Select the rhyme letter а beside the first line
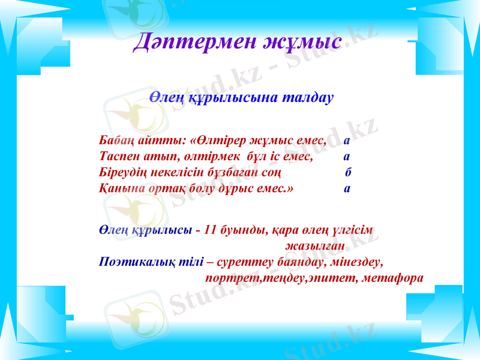(x=347, y=142)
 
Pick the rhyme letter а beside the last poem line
(x=347, y=188)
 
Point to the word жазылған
(x=315, y=246)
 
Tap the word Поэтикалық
(x=135, y=262)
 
